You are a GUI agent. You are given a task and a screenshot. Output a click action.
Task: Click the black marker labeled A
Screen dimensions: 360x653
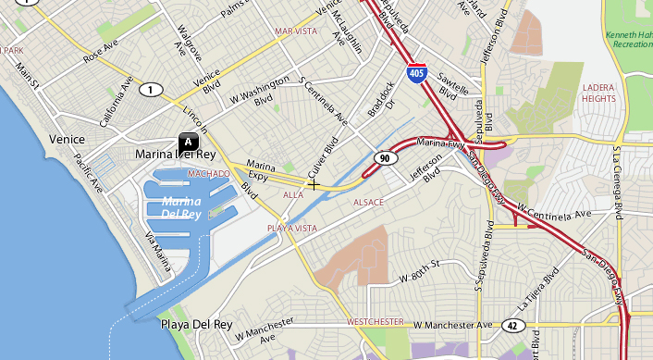point(188,142)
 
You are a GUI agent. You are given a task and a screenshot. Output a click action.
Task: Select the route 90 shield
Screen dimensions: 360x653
point(383,159)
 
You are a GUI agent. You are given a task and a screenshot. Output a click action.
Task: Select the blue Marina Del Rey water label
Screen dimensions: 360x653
point(180,207)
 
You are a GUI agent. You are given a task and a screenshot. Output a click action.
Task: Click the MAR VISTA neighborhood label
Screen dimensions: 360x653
point(295,31)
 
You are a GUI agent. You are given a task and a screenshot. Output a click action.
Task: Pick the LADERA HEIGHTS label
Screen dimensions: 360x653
point(599,93)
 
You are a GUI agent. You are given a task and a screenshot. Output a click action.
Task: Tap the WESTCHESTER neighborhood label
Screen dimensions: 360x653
point(376,321)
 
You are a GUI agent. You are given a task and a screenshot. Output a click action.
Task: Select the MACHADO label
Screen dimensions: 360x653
point(208,173)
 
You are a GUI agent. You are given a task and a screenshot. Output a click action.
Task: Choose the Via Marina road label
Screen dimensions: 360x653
point(158,252)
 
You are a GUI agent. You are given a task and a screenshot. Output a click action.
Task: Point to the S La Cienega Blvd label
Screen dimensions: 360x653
point(617,180)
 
